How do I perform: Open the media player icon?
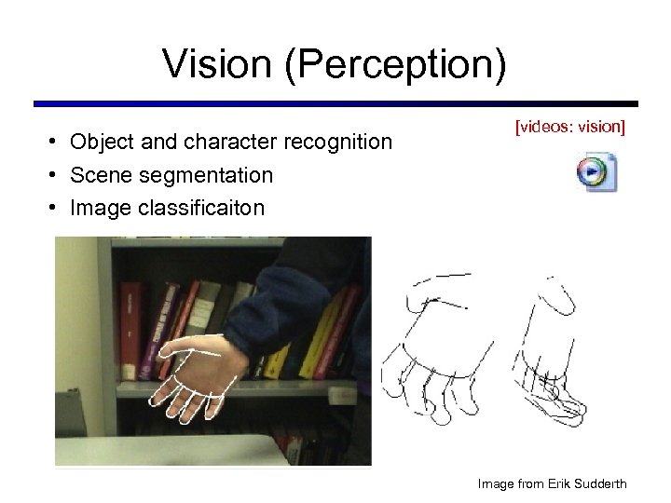pos(594,172)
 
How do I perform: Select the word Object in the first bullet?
pos(101,143)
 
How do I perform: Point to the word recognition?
pos(342,143)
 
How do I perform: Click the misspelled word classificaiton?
pos(202,207)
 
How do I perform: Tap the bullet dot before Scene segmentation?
pos(56,175)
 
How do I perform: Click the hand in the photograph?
pos(196,377)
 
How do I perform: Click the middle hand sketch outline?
pos(443,354)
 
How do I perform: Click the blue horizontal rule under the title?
pos(335,103)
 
